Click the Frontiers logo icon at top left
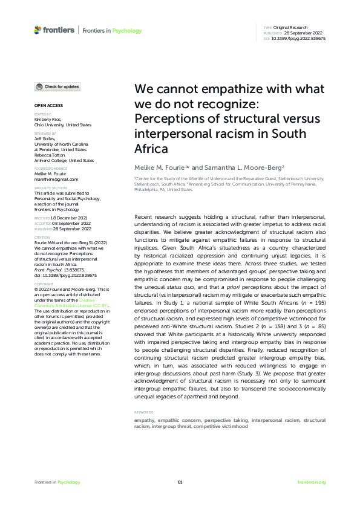38,30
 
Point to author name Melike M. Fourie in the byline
160,166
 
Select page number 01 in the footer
180,482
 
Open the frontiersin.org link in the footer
312,482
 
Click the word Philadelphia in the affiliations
148,189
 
